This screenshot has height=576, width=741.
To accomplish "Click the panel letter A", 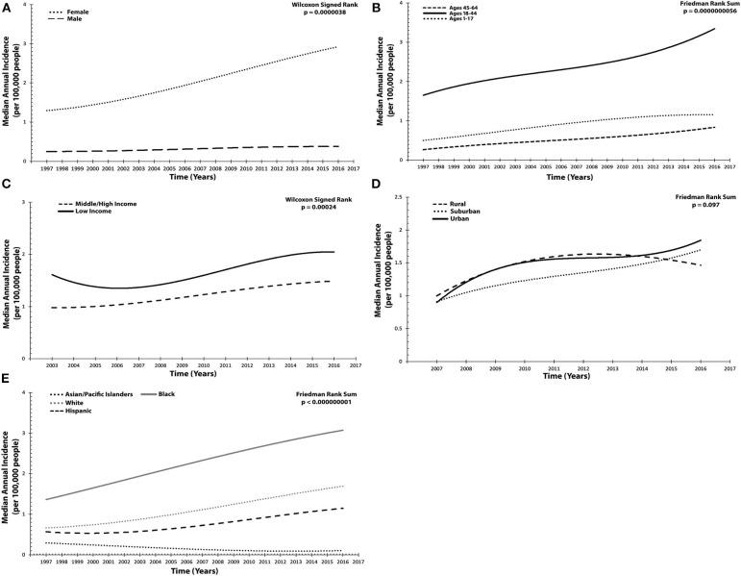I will click(x=7, y=8).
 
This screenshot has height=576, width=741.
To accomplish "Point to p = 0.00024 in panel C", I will click(x=333, y=211).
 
